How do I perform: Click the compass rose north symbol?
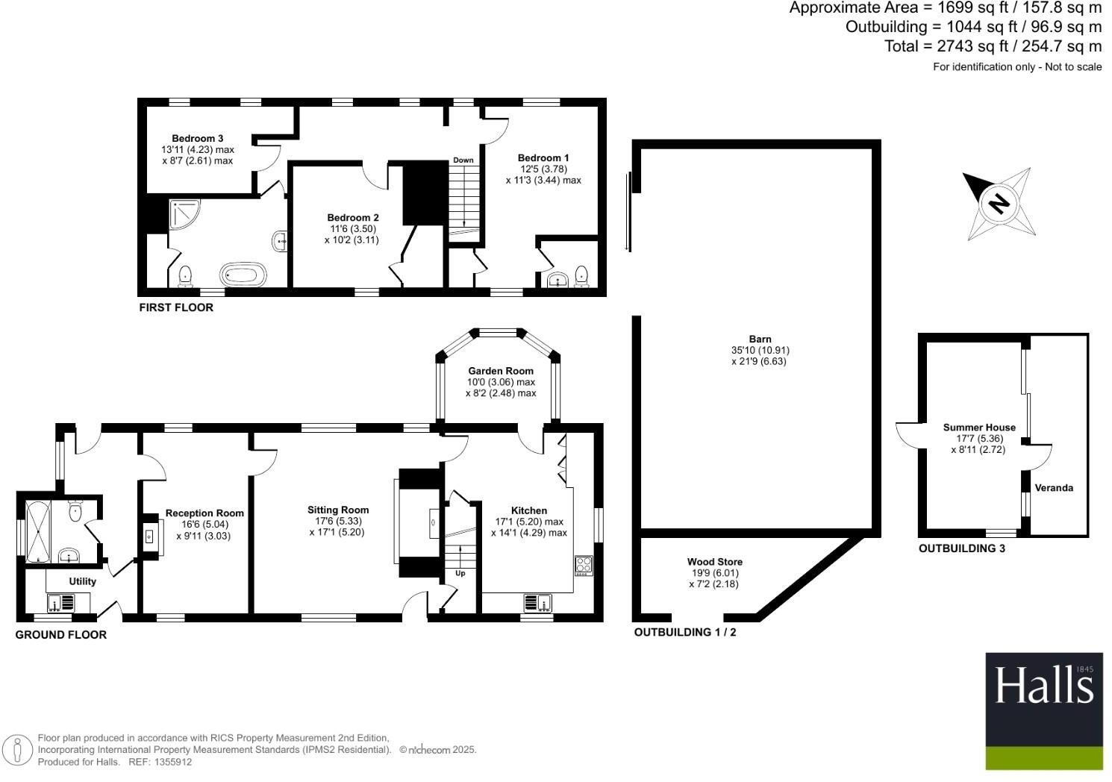tap(999, 203)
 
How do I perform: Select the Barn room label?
tap(760, 339)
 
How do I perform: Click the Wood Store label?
tap(714, 562)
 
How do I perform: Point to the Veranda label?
tap(1054, 488)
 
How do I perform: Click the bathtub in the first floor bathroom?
tap(242, 274)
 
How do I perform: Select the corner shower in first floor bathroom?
tap(183, 214)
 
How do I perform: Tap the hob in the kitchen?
tap(583, 565)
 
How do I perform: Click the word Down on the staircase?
tap(463, 160)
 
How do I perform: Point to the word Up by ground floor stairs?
tap(460, 573)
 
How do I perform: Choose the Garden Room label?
tap(501, 371)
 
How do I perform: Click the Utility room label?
tap(83, 581)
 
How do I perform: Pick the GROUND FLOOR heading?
tap(61, 635)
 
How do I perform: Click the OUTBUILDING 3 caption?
tap(961, 548)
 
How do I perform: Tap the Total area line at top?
tap(993, 46)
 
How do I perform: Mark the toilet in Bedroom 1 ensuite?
tap(581, 276)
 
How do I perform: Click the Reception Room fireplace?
tap(149, 536)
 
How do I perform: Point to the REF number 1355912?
tap(172, 762)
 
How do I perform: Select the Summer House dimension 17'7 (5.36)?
tap(978, 439)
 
